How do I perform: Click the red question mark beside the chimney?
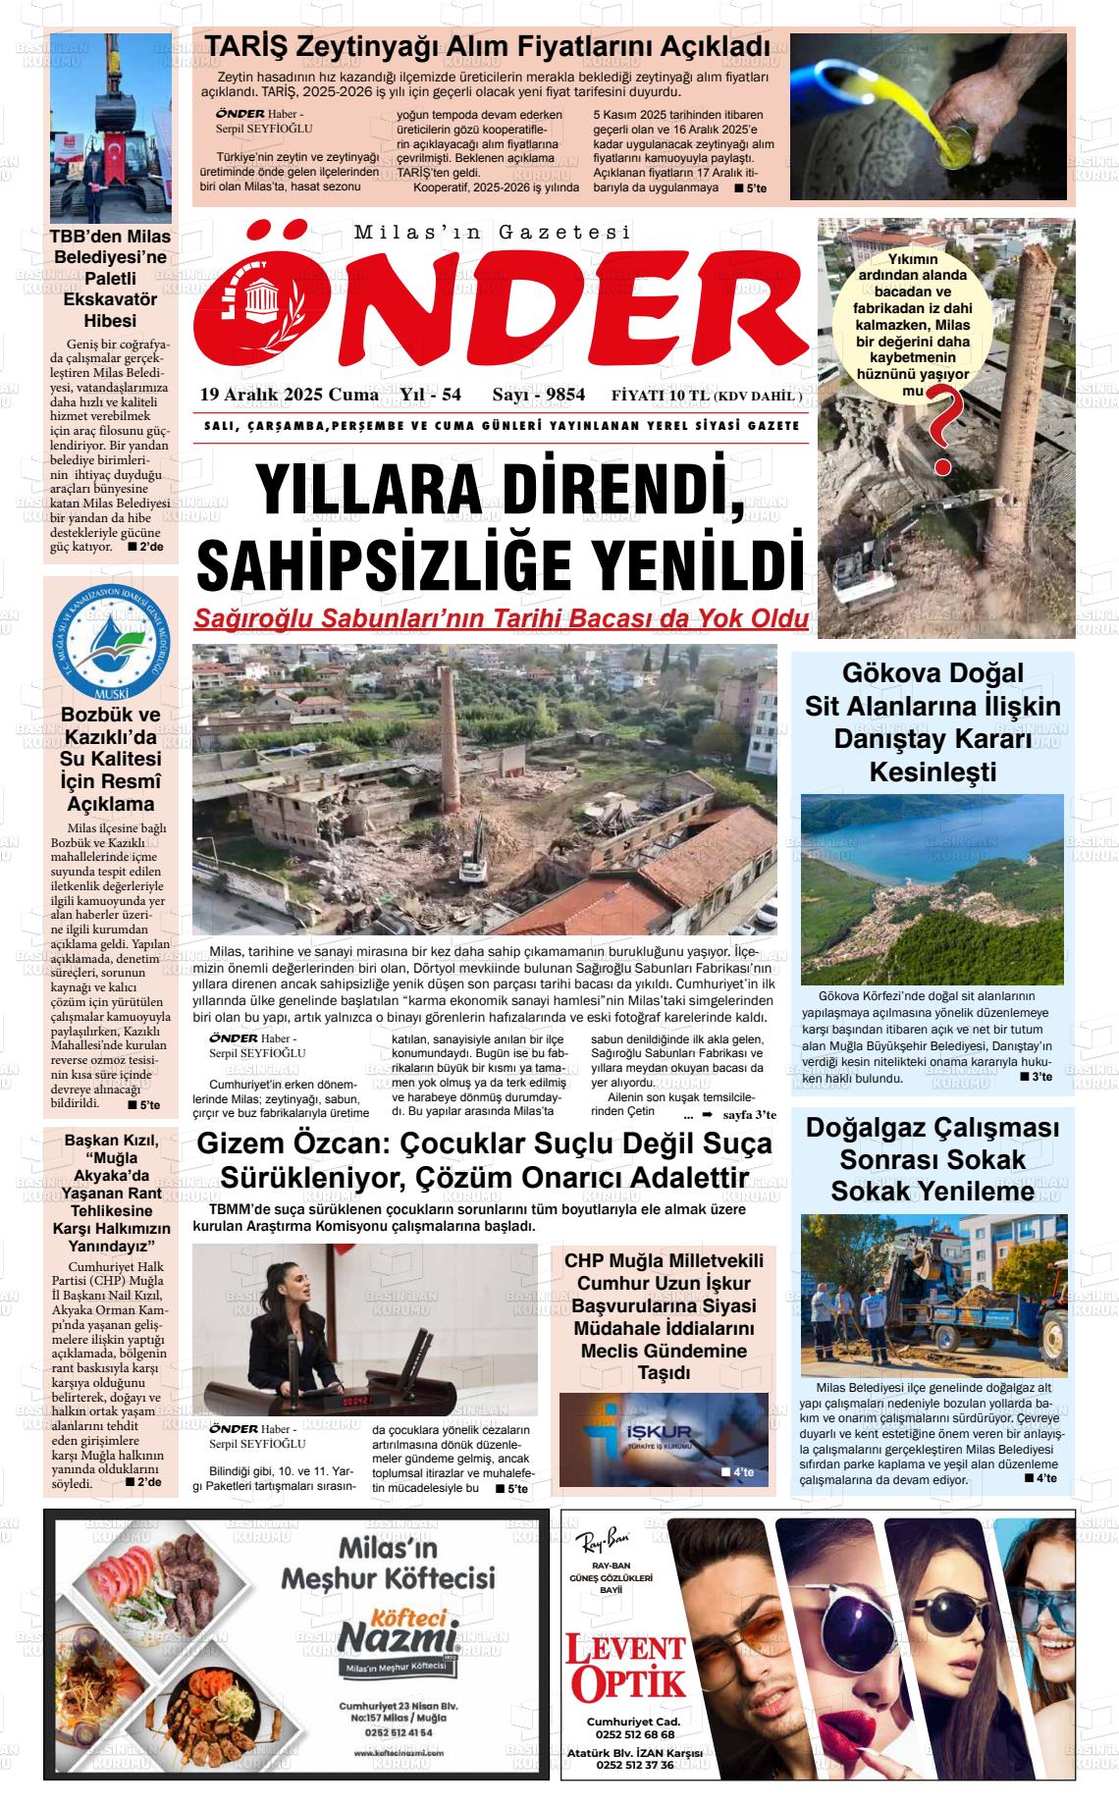pos(944,429)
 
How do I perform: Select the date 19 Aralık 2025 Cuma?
pos(289,395)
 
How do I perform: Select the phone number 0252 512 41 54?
pos(398,1732)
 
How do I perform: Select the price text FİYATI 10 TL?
pos(660,396)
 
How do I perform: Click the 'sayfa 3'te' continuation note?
pos(749,1115)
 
